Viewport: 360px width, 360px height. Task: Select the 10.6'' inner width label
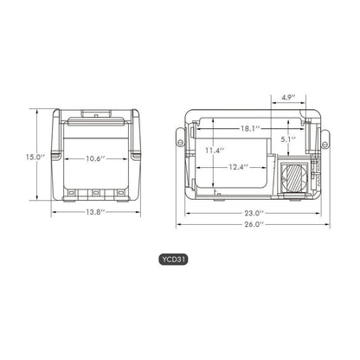pyautogui.click(x=97, y=158)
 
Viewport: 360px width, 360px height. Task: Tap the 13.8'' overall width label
pyautogui.click(x=97, y=212)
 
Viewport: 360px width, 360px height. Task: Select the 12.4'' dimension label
pyautogui.click(x=240, y=166)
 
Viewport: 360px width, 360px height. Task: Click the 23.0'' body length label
pyautogui.click(x=253, y=211)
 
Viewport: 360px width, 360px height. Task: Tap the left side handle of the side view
pyautogui.click(x=183, y=138)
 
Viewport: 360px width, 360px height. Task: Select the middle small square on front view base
pyautogui.click(x=97, y=193)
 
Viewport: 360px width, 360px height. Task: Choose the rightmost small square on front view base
pyautogui.click(x=118, y=193)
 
